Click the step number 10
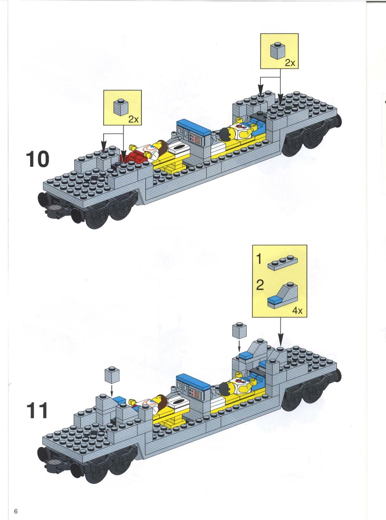point(38,159)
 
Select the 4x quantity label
point(297,311)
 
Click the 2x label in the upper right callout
point(290,63)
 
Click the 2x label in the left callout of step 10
point(133,119)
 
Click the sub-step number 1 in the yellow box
point(259,259)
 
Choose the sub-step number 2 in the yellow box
point(260,285)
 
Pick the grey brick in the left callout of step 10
point(121,107)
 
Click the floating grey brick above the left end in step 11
point(112,375)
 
